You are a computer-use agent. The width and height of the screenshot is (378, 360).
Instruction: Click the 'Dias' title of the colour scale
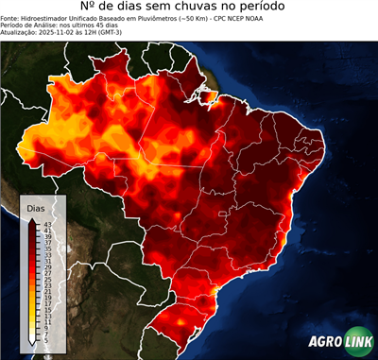35,208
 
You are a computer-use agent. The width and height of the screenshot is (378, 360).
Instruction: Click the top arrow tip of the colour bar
32,219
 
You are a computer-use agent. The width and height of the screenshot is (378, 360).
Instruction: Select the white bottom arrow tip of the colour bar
32,342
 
